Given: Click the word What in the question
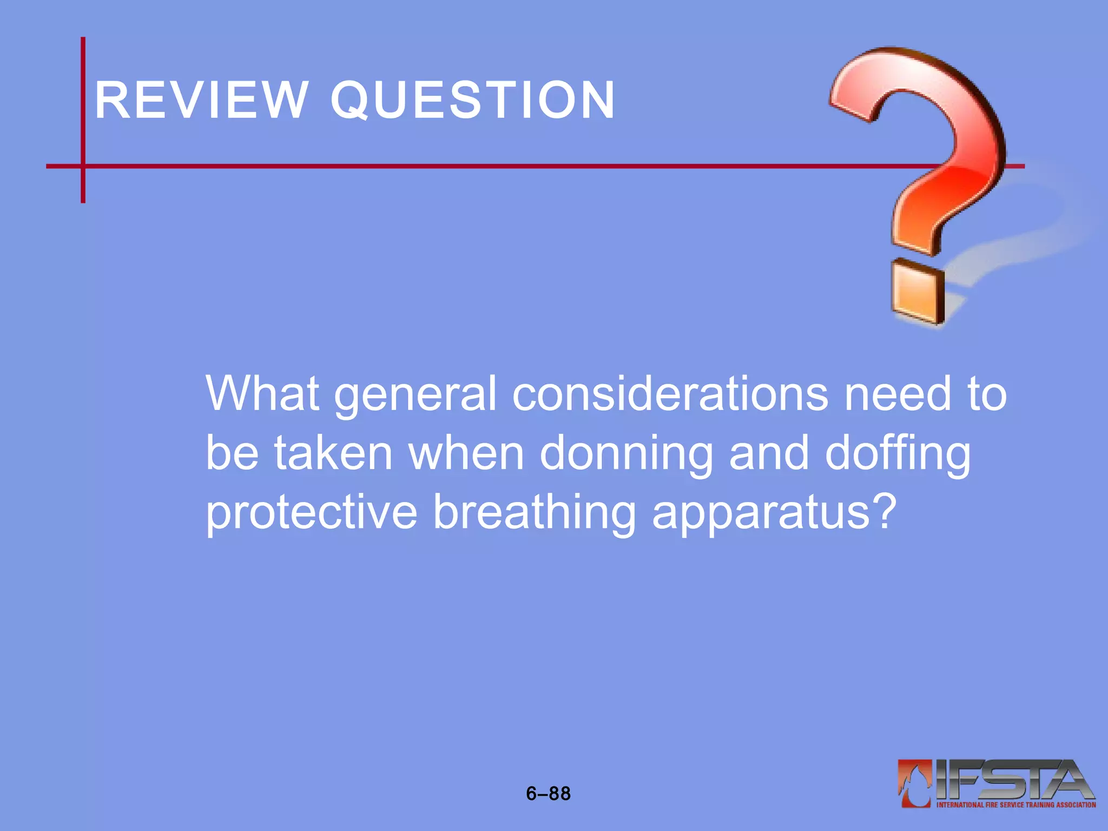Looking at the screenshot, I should [262, 393].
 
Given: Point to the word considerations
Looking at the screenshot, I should [670, 393].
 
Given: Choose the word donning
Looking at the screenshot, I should [626, 454].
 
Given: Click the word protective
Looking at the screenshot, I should [312, 513].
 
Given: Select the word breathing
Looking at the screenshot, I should [535, 513].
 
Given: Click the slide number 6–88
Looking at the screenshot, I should [548, 794].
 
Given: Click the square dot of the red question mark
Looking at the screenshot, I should [918, 292].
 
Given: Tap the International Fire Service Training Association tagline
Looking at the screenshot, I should [1016, 805].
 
